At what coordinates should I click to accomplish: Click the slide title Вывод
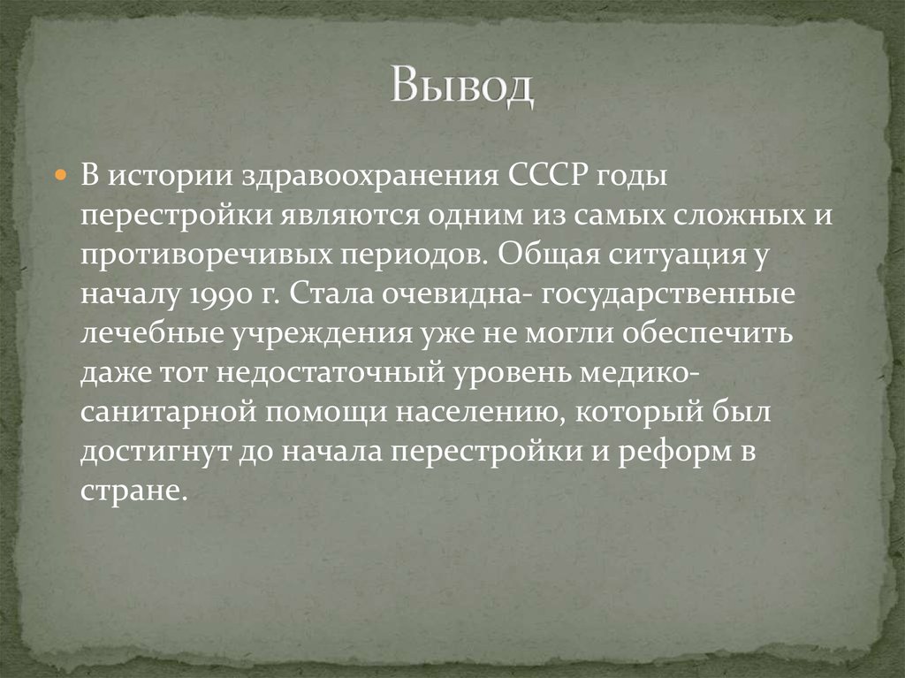click(462, 87)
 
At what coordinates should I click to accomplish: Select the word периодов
click(414, 257)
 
